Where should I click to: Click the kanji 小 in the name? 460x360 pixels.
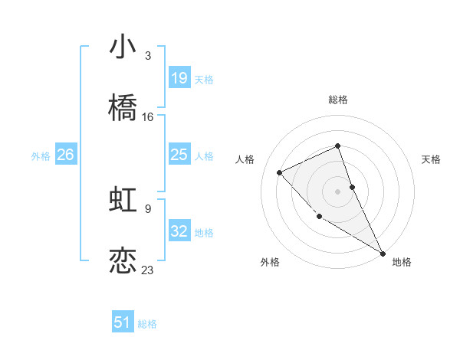tap(123, 47)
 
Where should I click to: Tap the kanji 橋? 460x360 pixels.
tap(123, 109)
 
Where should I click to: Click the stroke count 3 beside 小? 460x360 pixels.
tap(148, 56)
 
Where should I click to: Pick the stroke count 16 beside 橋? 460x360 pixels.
tap(148, 117)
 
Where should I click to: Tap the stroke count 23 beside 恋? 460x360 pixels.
tap(148, 270)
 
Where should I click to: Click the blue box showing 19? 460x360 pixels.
tap(179, 78)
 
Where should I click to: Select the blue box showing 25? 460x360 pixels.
tap(179, 155)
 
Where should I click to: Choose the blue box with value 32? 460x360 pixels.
tap(179, 231)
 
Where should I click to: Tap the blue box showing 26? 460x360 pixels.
tap(65, 155)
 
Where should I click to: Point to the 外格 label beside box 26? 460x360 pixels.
tap(41, 155)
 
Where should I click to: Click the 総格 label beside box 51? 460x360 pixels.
tap(147, 324)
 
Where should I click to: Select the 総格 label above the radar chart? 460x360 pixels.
tap(338, 100)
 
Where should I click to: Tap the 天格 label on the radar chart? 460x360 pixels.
tap(431, 159)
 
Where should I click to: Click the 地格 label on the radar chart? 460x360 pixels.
tap(402, 262)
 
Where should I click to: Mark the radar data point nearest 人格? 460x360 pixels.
tap(280, 172)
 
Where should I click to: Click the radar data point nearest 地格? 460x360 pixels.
tap(383, 254)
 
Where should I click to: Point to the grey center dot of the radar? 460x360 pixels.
tap(338, 191)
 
